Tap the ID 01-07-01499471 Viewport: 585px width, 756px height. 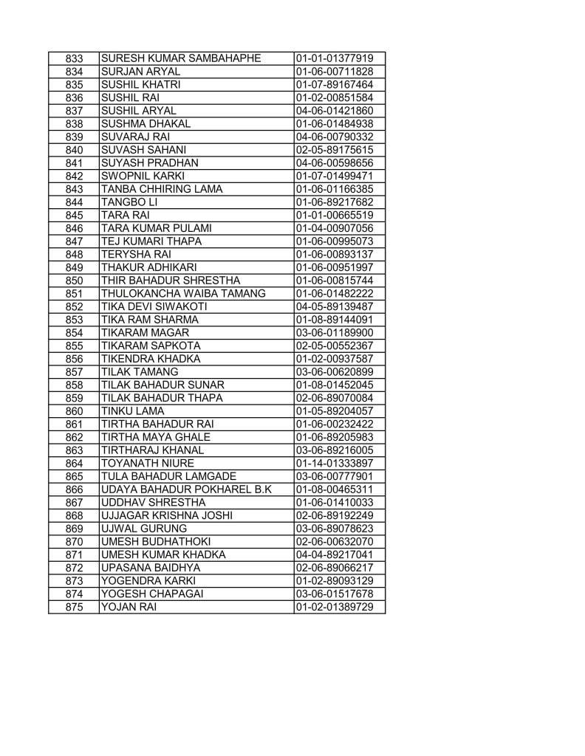[x=334, y=176]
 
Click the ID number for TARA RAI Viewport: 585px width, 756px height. [x=334, y=215]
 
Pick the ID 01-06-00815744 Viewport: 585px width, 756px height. [x=334, y=280]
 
